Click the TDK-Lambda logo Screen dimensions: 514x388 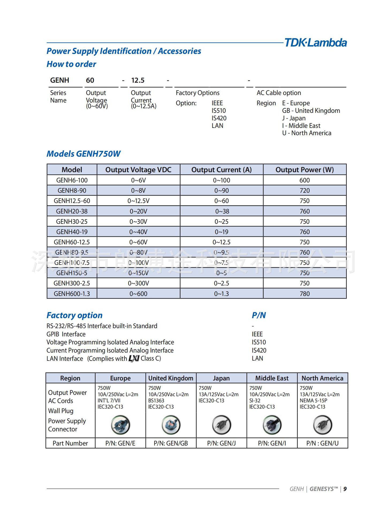click(x=315, y=43)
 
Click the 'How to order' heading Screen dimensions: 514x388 click(x=71, y=64)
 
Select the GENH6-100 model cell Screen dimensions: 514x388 click(x=72, y=180)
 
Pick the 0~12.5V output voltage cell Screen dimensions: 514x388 click(x=138, y=201)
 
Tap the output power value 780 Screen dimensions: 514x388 click(x=305, y=294)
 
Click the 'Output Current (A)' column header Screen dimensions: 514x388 click(x=221, y=170)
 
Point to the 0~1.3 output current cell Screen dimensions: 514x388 click(x=221, y=294)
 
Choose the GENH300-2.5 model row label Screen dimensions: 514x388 click(x=72, y=283)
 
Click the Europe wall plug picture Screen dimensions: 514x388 click(x=120, y=425)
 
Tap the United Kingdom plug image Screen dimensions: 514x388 click(x=171, y=425)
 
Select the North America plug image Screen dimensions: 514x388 click(x=322, y=425)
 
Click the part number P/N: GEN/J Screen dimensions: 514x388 click(x=221, y=444)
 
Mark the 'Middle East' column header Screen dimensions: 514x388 click(x=272, y=378)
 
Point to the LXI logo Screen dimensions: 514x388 click(x=134, y=359)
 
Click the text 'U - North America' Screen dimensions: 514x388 click(x=307, y=133)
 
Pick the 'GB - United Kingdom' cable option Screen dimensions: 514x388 click(x=311, y=111)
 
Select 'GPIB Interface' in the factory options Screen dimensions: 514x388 click(x=66, y=334)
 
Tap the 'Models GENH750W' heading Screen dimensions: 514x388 click(x=83, y=154)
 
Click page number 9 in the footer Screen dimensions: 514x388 click(x=345, y=489)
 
